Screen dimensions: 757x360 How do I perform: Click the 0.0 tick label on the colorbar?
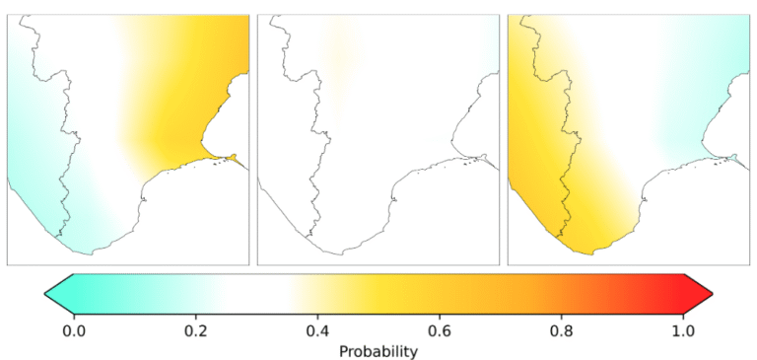74,331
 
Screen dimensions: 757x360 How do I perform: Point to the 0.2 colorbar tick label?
195,331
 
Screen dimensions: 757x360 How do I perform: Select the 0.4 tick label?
317,331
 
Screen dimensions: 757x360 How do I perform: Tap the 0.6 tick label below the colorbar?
439,331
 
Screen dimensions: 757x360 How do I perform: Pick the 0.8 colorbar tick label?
561,331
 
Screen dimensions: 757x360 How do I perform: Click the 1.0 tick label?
683,331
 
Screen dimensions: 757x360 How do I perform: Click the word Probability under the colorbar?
378,352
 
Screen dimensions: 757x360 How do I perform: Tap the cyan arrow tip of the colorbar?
45,293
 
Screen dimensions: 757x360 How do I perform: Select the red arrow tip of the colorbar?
712,293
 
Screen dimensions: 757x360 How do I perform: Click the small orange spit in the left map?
234,157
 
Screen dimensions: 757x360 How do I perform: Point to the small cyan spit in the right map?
734,157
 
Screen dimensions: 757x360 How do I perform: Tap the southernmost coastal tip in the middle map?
341,254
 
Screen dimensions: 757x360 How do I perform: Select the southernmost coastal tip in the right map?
591,254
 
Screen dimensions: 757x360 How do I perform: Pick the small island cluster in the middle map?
469,164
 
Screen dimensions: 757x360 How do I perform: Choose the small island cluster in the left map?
218,164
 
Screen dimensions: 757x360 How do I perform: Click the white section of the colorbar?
256,293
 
